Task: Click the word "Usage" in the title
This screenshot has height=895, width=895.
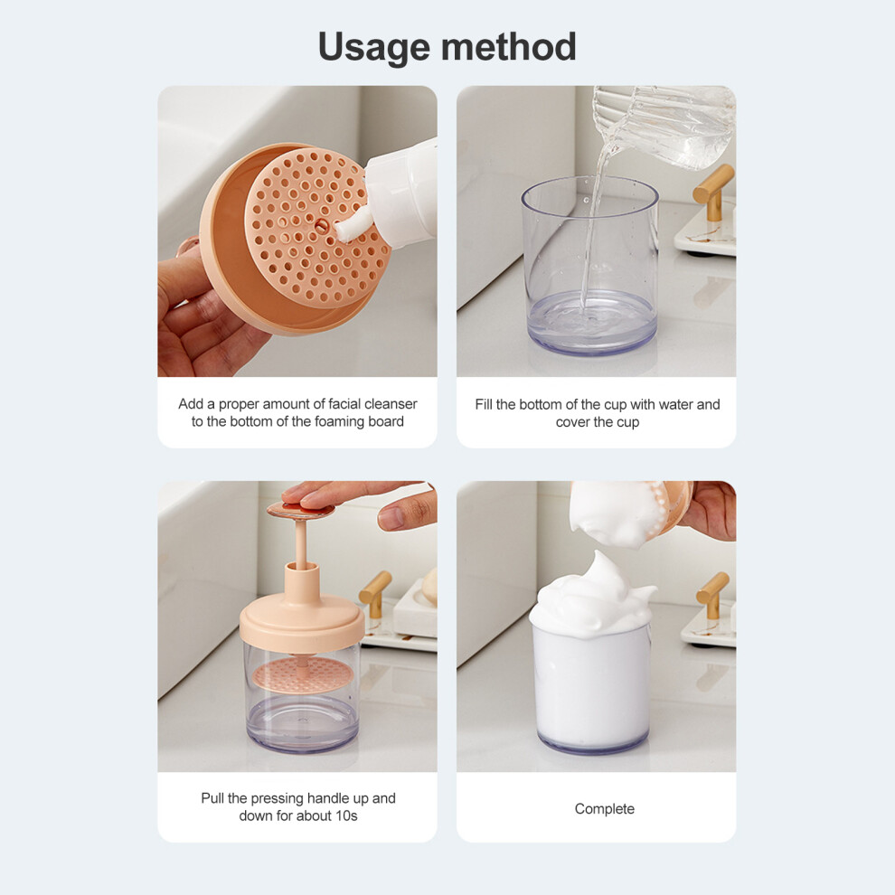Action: (x=373, y=47)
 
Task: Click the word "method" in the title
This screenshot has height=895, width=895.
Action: (x=509, y=46)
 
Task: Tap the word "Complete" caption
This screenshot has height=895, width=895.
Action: (x=605, y=809)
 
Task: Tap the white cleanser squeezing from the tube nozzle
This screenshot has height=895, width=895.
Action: (x=353, y=224)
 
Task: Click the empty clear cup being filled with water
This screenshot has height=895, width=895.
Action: (x=590, y=266)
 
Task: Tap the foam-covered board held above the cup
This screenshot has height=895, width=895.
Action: (x=631, y=511)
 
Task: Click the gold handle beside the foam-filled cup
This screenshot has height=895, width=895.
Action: (x=714, y=596)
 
